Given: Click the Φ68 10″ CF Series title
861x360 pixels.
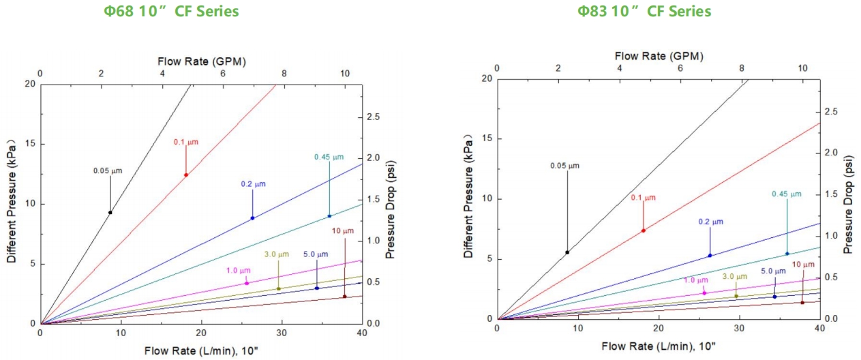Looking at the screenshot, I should point(180,12).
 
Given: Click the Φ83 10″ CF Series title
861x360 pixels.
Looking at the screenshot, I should point(644,12).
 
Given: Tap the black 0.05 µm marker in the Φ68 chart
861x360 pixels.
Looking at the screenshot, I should point(110,212).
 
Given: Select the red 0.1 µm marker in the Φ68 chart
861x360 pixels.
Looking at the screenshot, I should point(185,175).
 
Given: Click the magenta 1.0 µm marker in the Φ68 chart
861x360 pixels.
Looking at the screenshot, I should point(247,283).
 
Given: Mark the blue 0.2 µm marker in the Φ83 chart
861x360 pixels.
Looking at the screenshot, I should point(710,256).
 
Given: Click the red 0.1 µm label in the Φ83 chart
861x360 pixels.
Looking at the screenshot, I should point(642,198).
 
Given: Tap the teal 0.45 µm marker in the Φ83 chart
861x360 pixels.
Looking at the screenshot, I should point(787,254).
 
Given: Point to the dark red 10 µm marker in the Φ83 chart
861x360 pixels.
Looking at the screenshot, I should point(802,303).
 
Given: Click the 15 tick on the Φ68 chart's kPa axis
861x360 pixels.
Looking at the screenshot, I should point(29,144).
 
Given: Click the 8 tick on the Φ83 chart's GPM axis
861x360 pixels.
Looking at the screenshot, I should point(742,68).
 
